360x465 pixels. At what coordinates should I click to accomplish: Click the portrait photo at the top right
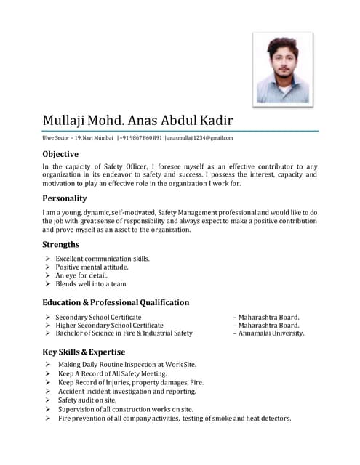(x=283, y=68)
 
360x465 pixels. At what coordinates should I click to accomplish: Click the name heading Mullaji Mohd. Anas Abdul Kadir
(x=137, y=120)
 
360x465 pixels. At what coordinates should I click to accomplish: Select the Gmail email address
(x=200, y=137)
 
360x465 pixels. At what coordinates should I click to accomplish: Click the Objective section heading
(x=60, y=154)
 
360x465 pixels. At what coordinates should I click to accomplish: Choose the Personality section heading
(x=65, y=198)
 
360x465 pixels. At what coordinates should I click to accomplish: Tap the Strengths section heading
(x=61, y=244)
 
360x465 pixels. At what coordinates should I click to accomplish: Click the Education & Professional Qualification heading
(x=116, y=302)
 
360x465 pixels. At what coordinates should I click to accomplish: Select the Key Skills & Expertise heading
(x=89, y=352)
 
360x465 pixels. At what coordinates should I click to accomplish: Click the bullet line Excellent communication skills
(x=103, y=259)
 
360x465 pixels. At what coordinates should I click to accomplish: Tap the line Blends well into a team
(x=92, y=285)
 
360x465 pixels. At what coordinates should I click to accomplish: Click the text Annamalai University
(x=271, y=333)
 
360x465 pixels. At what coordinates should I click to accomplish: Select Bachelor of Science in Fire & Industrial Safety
(x=124, y=333)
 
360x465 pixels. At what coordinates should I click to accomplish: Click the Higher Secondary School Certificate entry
(x=109, y=325)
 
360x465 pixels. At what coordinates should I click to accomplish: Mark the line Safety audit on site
(x=87, y=400)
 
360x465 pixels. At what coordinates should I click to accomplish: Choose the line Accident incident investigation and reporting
(x=127, y=392)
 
